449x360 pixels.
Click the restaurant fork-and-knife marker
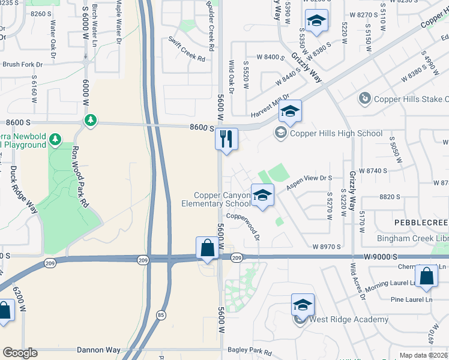(227, 139)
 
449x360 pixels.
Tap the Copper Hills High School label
(336, 134)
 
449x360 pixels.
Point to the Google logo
(19, 353)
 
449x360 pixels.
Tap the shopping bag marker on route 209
(207, 247)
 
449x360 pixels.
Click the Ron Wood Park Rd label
(80, 177)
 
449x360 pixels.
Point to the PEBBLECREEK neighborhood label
(421, 223)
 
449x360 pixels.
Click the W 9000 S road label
(380, 256)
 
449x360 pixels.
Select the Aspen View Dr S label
(309, 182)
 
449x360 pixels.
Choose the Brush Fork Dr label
(23, 64)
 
